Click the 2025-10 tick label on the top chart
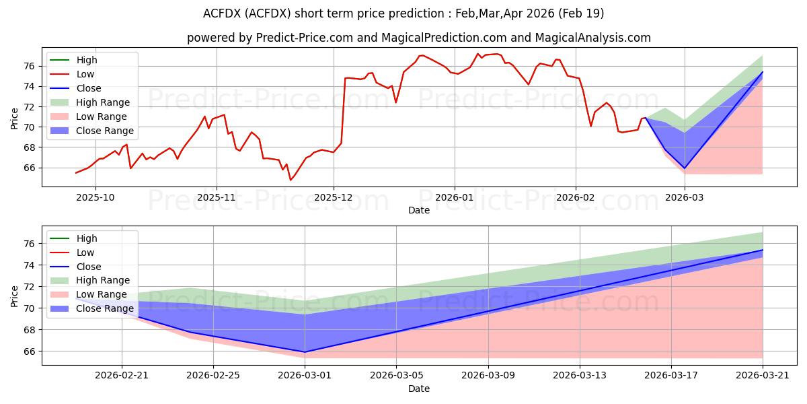(x=95, y=197)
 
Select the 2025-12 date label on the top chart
(x=334, y=197)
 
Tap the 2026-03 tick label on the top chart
(x=684, y=197)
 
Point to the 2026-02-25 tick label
(x=213, y=375)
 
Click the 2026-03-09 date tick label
(x=488, y=375)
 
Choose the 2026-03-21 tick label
(x=763, y=375)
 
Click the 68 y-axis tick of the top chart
(x=29, y=147)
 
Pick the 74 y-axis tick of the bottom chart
(x=29, y=265)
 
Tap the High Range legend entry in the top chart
(x=89, y=102)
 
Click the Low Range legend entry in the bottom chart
(x=88, y=294)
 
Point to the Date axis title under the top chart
(x=418, y=210)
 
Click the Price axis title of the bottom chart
(x=14, y=296)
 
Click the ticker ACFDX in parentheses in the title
(x=269, y=13)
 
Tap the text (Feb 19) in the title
(x=581, y=13)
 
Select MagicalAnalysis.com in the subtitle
(x=592, y=38)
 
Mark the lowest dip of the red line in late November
(x=291, y=180)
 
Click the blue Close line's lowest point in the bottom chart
(x=305, y=352)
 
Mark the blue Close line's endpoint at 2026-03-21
(x=763, y=250)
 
